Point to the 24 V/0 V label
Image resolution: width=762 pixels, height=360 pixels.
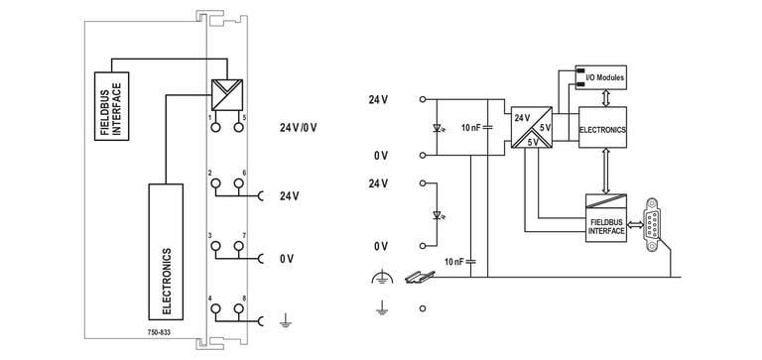point(300,128)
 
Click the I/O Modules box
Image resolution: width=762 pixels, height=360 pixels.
point(602,75)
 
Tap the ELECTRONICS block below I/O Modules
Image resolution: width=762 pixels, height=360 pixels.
point(602,129)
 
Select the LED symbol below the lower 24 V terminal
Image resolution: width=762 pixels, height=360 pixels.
point(437,214)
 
